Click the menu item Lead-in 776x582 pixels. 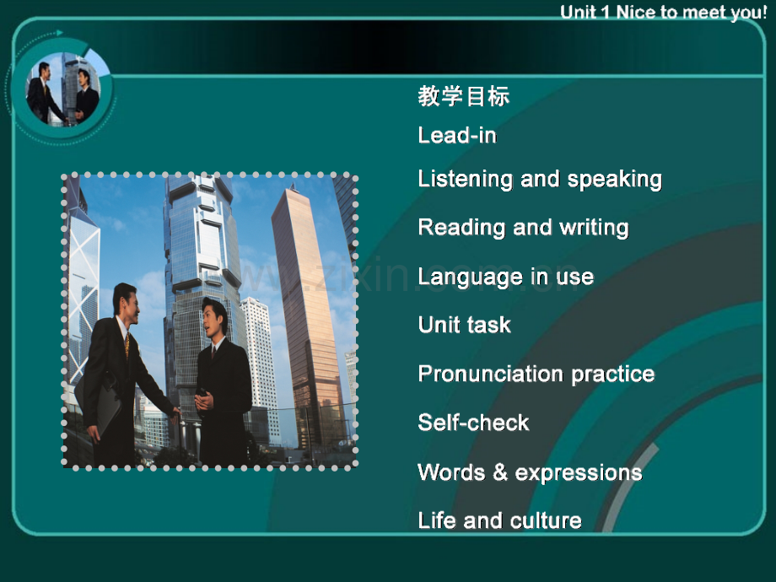point(457,136)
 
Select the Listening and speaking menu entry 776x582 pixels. point(540,180)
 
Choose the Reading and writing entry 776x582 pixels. point(523,228)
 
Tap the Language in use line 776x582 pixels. point(505,277)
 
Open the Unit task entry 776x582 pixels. point(464,325)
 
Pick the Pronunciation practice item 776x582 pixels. point(536,374)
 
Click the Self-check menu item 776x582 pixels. point(473,423)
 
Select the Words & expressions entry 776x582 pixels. point(530,472)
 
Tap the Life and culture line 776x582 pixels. point(499,520)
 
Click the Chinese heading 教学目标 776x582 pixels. point(463,96)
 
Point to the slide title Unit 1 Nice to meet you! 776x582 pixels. point(664,13)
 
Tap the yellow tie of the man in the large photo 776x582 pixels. point(127,343)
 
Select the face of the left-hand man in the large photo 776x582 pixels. point(127,303)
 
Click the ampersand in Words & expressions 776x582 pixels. point(500,472)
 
